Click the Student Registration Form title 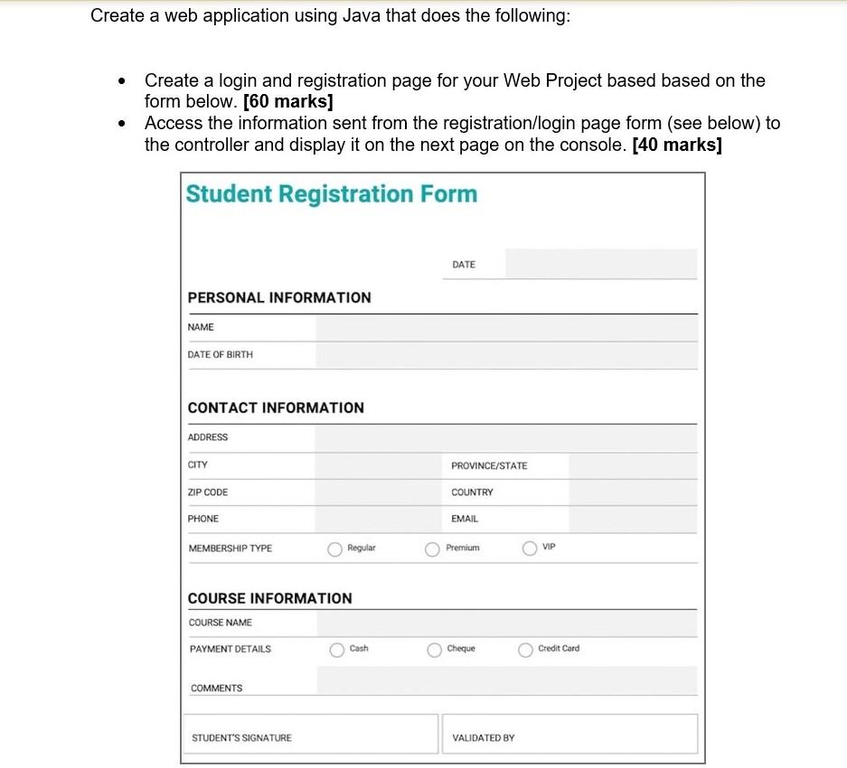coord(331,194)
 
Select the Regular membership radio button coord(335,549)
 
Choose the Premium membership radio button coord(433,549)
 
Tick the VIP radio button coord(530,548)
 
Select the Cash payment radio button coord(337,650)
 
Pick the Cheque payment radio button coord(435,650)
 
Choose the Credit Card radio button coord(525,650)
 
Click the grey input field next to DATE coord(601,265)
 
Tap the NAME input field coord(506,328)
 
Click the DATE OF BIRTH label coord(220,355)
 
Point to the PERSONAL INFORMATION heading coord(278,298)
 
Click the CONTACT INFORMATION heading coord(276,408)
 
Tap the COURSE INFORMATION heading coord(269,599)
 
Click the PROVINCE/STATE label coord(489,466)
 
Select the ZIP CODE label coord(208,493)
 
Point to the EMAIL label coord(465,520)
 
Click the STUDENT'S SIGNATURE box coord(310,735)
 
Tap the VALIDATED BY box coord(569,735)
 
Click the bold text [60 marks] coord(283,101)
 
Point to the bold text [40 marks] coord(677,145)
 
